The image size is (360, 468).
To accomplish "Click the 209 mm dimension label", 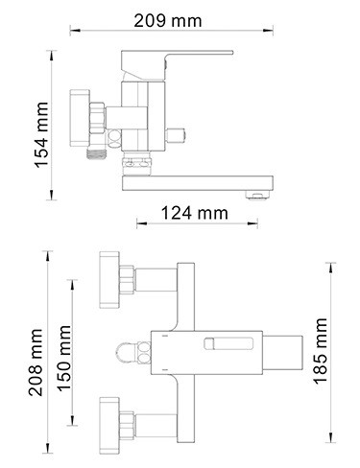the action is tap(168, 21).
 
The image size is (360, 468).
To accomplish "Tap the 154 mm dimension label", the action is tap(42, 134).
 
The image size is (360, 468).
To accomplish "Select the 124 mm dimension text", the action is tap(195, 213).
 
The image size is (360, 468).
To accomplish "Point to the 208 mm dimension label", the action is tap(36, 363).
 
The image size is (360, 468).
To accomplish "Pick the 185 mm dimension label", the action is tap(320, 351).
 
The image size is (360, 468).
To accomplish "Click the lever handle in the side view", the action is tap(177, 65).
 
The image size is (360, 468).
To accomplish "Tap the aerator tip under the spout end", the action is tap(257, 195).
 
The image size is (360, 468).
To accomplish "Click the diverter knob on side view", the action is tap(175, 136).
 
